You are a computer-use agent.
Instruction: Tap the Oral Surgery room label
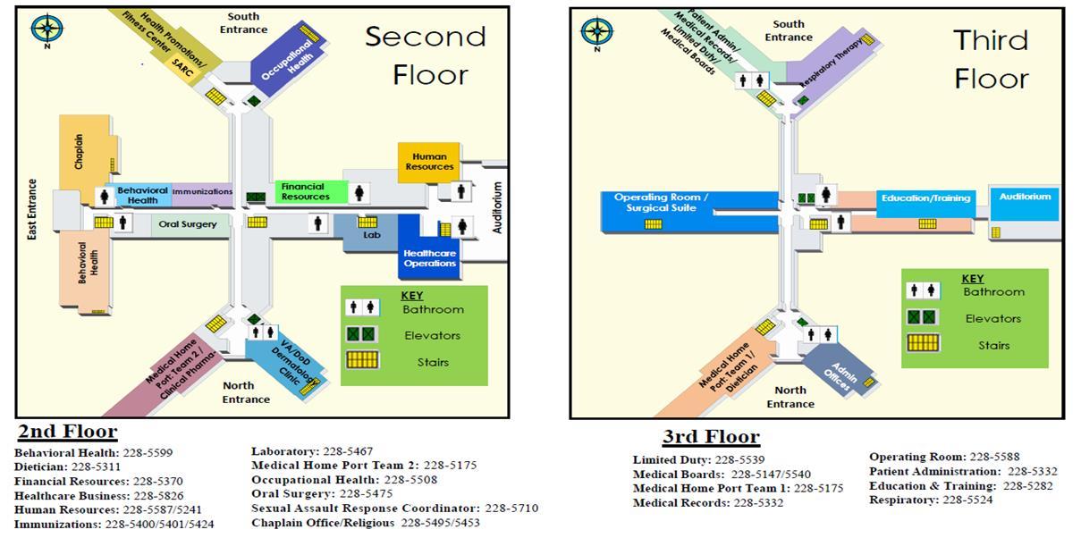[188, 224]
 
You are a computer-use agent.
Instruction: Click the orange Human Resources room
[429, 162]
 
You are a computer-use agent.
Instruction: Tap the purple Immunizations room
[202, 191]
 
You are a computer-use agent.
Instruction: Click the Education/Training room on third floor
[925, 198]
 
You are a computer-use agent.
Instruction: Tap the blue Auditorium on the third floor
[1025, 197]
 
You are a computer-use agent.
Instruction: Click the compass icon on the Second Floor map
[46, 29]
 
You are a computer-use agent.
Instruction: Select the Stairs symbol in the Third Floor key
[923, 343]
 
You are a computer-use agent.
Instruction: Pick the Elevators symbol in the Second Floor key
[362, 334]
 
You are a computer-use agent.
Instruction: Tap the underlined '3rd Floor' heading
[711, 437]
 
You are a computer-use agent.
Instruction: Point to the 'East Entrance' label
[33, 210]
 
